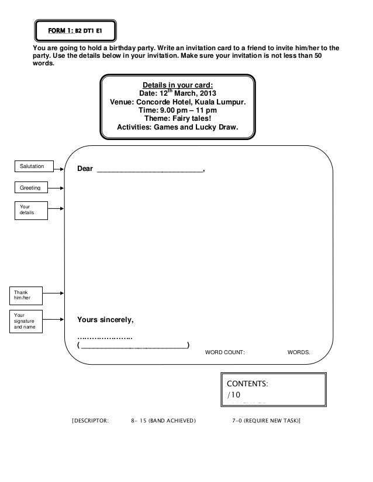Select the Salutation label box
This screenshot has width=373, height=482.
coord(33,167)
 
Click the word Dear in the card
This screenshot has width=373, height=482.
coord(85,169)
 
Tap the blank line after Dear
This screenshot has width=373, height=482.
coord(149,170)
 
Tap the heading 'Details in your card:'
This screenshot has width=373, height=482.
coord(178,84)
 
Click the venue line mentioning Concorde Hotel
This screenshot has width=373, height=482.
coord(178,102)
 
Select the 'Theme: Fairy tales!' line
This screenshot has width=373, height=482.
coord(178,118)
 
